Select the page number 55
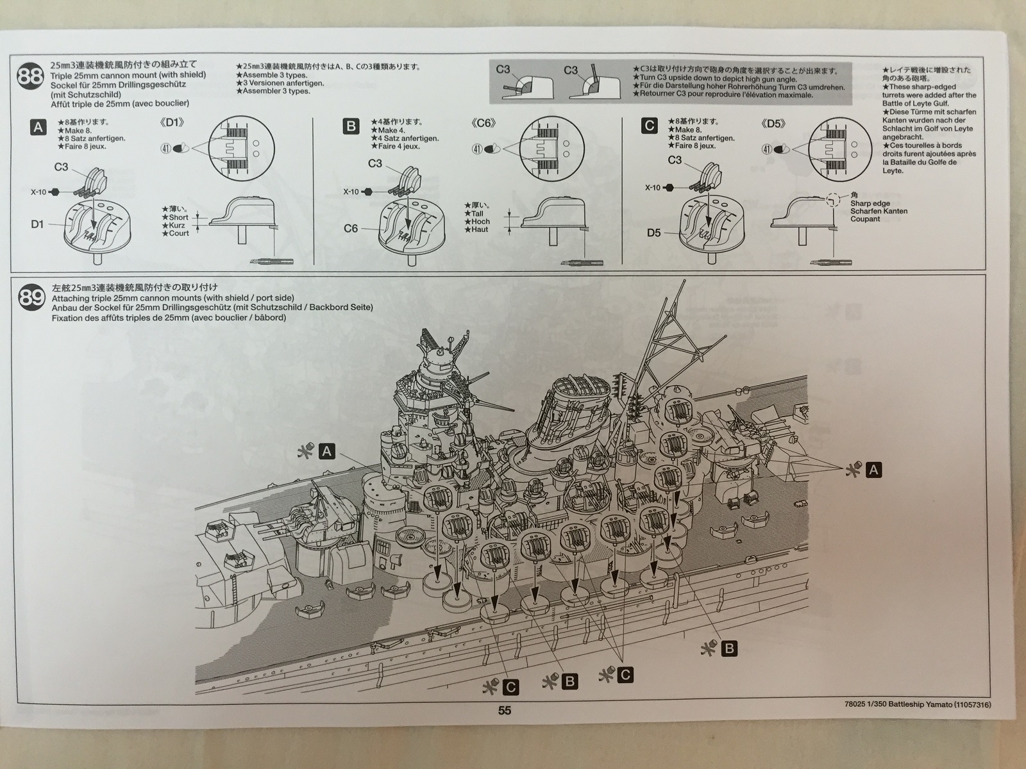pos(505,710)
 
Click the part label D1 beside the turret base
pos(38,224)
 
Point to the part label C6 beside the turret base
pos(351,228)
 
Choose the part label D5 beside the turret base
pos(653,233)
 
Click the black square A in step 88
pos(38,127)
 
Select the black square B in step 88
pos(351,126)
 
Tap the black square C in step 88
pos(650,126)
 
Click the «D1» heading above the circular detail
pos(171,122)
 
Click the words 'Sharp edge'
pos(870,204)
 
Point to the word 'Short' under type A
pos(178,217)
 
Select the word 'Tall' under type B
pos(477,213)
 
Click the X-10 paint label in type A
pos(39,192)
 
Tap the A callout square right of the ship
pos(873,470)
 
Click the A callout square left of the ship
pos(327,452)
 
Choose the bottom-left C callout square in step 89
pos(510,688)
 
